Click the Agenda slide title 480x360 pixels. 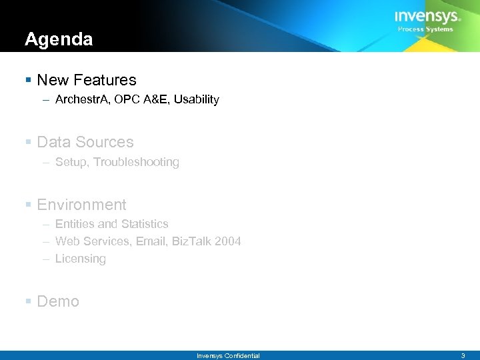tap(59, 40)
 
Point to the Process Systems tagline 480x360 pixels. tap(425, 29)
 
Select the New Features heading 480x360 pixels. tap(87, 80)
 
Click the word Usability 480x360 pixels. tap(197, 100)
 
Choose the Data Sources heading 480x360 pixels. tap(85, 142)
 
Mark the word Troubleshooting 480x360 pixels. tap(137, 162)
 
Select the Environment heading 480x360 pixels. tap(81, 205)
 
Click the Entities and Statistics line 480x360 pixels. tap(111, 224)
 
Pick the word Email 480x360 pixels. tap(151, 241)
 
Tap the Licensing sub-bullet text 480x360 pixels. tap(80, 259)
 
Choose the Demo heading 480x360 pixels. tap(58, 301)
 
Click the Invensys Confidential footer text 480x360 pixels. tap(228, 356)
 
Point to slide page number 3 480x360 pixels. tap(463, 356)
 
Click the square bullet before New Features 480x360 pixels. tap(27, 80)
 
